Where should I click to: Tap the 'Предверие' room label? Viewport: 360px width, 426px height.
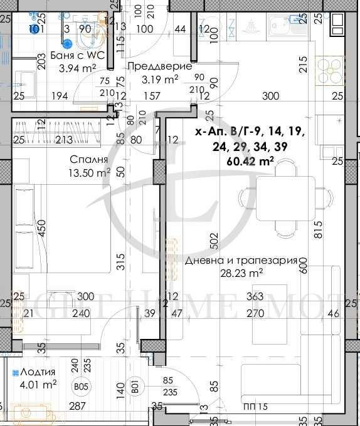tap(151, 66)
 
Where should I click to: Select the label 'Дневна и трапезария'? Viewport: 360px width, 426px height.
tap(240, 261)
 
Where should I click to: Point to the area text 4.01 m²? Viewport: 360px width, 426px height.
tap(35, 384)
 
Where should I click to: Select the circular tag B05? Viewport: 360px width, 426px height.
tap(80, 387)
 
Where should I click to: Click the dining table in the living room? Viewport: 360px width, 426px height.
tap(285, 197)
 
